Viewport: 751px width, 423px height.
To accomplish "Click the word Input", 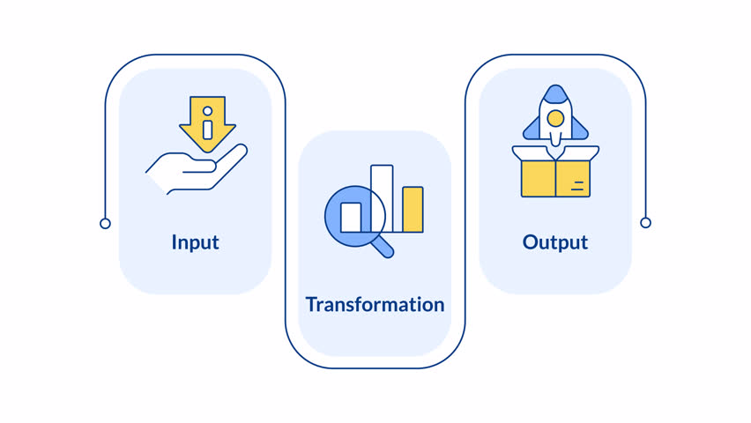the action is tap(195, 242).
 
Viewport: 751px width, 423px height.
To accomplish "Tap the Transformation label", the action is tap(375, 305).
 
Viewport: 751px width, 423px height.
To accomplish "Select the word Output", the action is tap(554, 242).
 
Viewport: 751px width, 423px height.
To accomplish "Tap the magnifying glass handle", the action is tap(383, 248).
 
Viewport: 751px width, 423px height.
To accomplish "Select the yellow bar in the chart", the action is tap(413, 210).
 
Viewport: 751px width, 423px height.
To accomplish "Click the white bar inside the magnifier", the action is tap(351, 218).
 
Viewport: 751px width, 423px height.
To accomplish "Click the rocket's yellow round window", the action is tap(555, 118).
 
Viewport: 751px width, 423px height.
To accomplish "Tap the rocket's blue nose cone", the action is tap(555, 93).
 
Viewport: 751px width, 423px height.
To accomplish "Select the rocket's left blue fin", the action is tap(532, 130).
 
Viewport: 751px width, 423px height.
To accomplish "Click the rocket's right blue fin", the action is tap(579, 130).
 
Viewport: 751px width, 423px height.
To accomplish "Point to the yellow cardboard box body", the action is tap(555, 179).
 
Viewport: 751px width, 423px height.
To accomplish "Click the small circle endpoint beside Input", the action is tap(106, 224).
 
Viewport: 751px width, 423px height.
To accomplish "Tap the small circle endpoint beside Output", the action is tap(645, 223).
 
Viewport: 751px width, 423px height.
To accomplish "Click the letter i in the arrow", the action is tap(207, 125).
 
